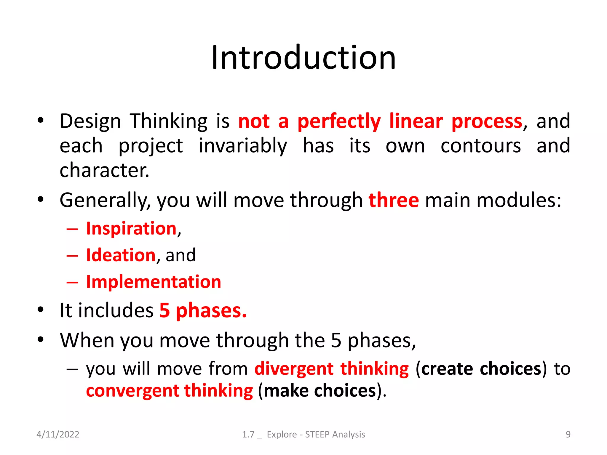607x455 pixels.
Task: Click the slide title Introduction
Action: [303, 57]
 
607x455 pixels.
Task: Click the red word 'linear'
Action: [416, 121]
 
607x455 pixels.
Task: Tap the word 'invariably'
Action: [242, 146]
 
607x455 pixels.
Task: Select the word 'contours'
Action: [480, 146]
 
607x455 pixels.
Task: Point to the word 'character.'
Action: [104, 171]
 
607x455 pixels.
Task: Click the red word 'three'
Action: [394, 200]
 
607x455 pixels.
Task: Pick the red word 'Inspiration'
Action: [131, 229]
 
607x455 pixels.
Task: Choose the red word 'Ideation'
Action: [121, 255]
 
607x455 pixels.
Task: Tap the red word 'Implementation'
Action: [154, 282]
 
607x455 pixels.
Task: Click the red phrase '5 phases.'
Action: [203, 311]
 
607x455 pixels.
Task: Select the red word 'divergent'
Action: [294, 369]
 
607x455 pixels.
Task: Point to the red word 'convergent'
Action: [132, 391]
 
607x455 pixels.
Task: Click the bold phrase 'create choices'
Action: [481, 369]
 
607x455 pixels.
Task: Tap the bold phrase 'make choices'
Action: [320, 391]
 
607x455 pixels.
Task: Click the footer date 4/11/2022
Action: [58, 434]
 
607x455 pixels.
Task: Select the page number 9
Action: [568, 434]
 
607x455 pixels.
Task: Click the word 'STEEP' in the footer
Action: [317, 434]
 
